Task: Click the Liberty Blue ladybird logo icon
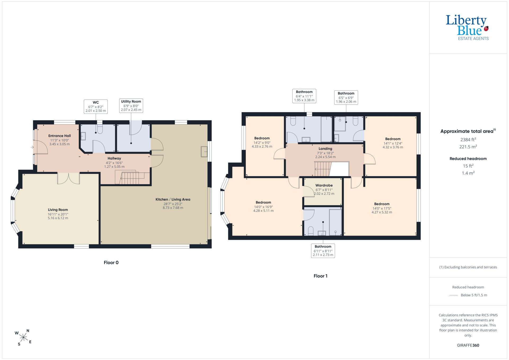click(486, 28)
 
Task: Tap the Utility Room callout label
click(131, 105)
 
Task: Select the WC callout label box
click(96, 107)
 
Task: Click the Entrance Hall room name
click(59, 136)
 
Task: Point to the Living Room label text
click(58, 210)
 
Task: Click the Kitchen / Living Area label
click(173, 199)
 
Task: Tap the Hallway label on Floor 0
click(114, 158)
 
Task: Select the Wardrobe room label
click(324, 185)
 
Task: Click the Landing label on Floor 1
click(325, 149)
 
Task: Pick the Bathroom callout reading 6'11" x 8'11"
click(323, 251)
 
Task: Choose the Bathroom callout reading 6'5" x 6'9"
click(346, 98)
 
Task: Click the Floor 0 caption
click(111, 262)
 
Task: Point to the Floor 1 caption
click(321, 276)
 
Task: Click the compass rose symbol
click(24, 337)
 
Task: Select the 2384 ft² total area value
click(468, 139)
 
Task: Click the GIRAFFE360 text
click(468, 345)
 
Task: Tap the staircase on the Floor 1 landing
click(323, 169)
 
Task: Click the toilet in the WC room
click(100, 129)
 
